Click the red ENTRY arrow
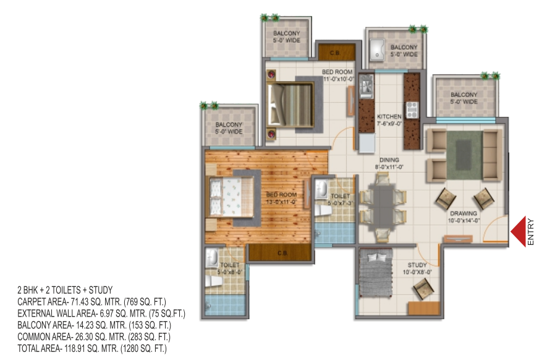tap(518, 232)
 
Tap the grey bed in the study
tap(376, 273)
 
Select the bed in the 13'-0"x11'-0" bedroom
tap(232, 197)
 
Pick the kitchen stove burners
tap(412, 110)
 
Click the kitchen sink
tap(366, 87)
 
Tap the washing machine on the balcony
tap(377, 49)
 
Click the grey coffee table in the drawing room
tap(464, 155)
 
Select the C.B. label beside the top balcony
tap(335, 53)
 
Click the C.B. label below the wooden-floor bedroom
tap(282, 254)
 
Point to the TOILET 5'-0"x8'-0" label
tap(230, 268)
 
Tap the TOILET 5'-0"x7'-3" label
tap(340, 200)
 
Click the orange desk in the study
tap(424, 308)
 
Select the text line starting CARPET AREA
tap(91, 302)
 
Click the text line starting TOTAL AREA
tap(92, 349)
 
